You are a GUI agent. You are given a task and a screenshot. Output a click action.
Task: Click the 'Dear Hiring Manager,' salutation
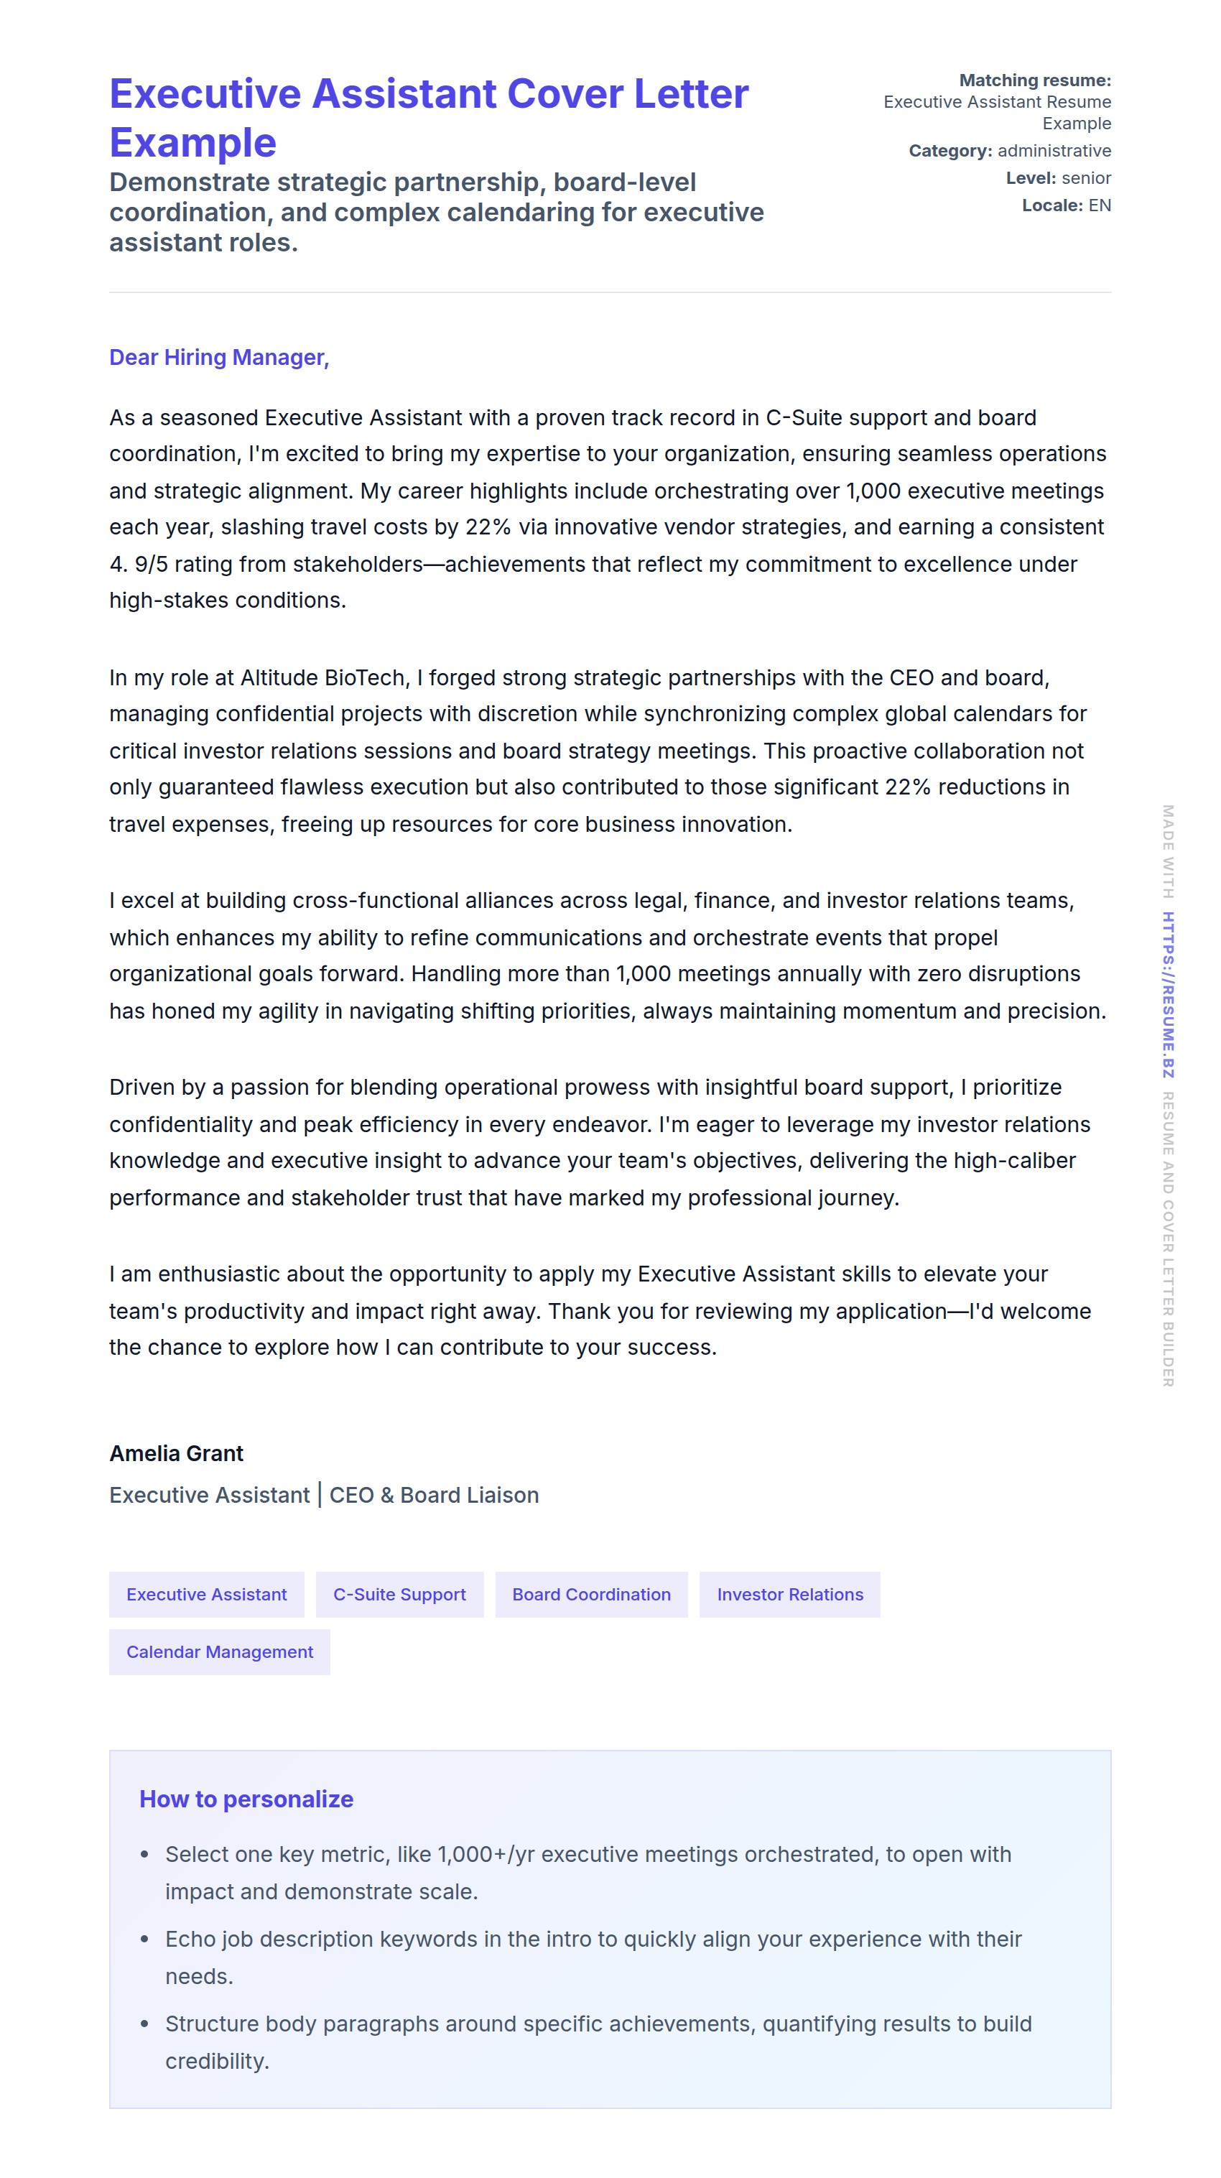[218, 358]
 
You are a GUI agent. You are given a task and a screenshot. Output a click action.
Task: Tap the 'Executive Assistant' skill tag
[206, 1594]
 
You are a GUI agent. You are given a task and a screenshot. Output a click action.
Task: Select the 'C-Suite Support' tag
[399, 1594]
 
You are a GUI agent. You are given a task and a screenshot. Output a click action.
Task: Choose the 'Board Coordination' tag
[591, 1594]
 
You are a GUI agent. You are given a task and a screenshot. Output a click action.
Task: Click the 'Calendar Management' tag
[219, 1651]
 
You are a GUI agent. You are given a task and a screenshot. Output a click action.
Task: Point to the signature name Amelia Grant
[176, 1453]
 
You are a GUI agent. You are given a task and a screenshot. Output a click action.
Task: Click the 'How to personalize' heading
[246, 1799]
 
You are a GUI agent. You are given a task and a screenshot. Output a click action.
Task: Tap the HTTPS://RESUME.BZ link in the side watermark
[1167, 994]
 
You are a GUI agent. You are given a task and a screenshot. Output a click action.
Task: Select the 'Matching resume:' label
[1034, 80]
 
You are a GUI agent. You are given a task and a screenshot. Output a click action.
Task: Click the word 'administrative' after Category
[1054, 151]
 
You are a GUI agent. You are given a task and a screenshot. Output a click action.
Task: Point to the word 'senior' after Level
[1086, 177]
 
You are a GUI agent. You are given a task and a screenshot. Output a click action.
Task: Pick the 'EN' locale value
[1099, 205]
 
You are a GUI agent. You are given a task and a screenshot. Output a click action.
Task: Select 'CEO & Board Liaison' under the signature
[434, 1495]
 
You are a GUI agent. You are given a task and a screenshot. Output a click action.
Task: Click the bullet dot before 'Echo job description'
[144, 1939]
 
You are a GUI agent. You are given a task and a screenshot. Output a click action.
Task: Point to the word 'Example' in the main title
[192, 142]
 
